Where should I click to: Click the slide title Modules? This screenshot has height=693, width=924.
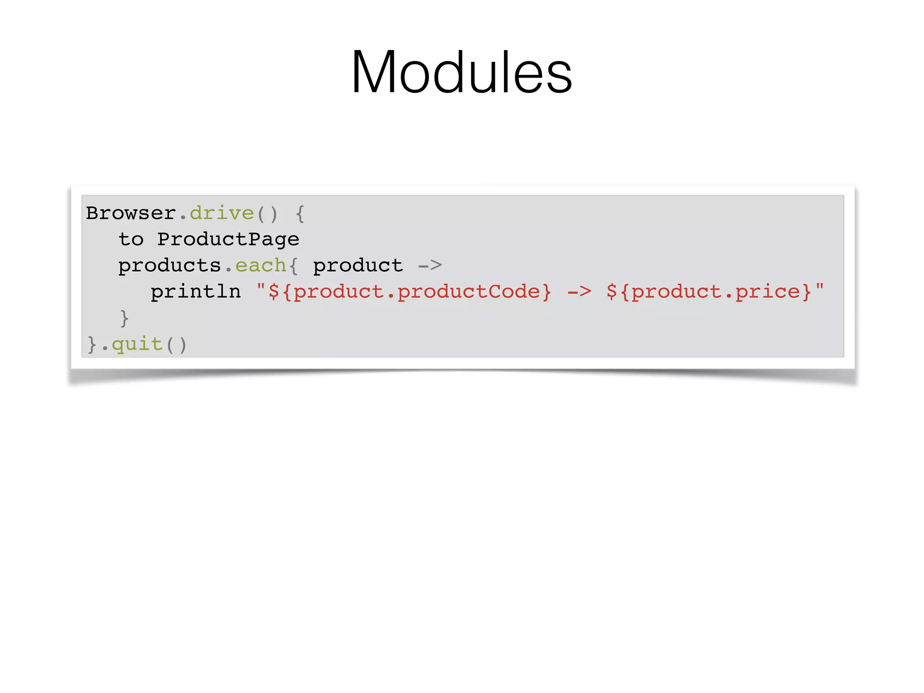(462, 72)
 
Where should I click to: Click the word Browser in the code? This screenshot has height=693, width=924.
(131, 213)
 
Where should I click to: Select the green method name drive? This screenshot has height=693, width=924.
(222, 213)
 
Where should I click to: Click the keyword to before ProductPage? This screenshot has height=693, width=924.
(131, 240)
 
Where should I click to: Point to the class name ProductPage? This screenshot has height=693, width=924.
(228, 240)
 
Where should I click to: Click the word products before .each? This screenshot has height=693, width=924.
(170, 266)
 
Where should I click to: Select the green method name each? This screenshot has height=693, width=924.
(261, 266)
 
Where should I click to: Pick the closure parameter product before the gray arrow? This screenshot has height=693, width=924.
(358, 266)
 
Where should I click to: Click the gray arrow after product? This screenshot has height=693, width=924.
(430, 266)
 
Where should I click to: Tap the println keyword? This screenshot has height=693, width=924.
(196, 292)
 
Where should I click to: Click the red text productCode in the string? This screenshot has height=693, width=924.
(468, 292)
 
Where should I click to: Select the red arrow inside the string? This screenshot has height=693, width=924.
(579, 292)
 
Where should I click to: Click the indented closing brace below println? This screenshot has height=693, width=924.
(125, 319)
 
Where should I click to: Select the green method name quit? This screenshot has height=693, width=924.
(137, 344)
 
